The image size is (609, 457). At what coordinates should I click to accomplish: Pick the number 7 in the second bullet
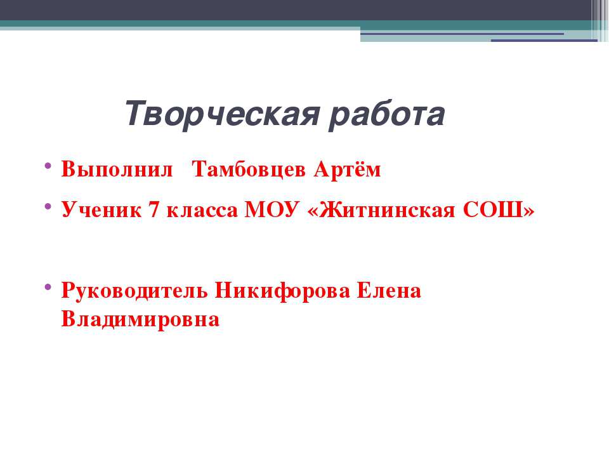pos(152,211)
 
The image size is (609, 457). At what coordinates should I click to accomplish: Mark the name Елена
pos(389,291)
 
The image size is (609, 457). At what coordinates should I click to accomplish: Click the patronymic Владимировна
pos(140,319)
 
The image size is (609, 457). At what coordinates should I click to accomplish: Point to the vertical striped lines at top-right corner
pos(599,19)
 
